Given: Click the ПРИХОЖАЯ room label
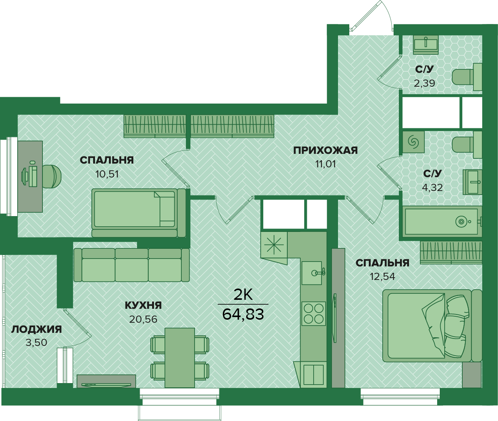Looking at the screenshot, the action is pyautogui.click(x=325, y=150).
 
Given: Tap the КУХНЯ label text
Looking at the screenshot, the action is pyautogui.click(x=143, y=305).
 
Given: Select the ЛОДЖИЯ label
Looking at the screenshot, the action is pyautogui.click(x=36, y=329).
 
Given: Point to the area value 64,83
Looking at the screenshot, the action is pyautogui.click(x=243, y=314).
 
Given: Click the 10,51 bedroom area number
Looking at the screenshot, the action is pyautogui.click(x=107, y=174).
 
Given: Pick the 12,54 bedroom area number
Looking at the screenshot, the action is pyautogui.click(x=383, y=277).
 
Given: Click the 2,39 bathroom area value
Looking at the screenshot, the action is pyautogui.click(x=424, y=83).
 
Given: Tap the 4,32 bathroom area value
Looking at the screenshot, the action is pyautogui.click(x=432, y=188).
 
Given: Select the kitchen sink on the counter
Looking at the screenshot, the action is pyautogui.click(x=312, y=273).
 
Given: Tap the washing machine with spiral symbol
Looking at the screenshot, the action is pyautogui.click(x=413, y=142).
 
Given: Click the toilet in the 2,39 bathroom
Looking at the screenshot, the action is pyautogui.click(x=467, y=77).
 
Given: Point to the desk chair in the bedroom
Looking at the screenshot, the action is pyautogui.click(x=52, y=176).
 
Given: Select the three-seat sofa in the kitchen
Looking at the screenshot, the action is pyautogui.click(x=131, y=265).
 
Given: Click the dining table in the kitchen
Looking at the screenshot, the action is pyautogui.click(x=180, y=358).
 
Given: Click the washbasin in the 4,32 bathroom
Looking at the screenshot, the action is pyautogui.click(x=472, y=182).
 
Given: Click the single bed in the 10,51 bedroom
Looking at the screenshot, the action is pyautogui.click(x=139, y=213).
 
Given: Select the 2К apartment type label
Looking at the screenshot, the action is pyautogui.click(x=243, y=295).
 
